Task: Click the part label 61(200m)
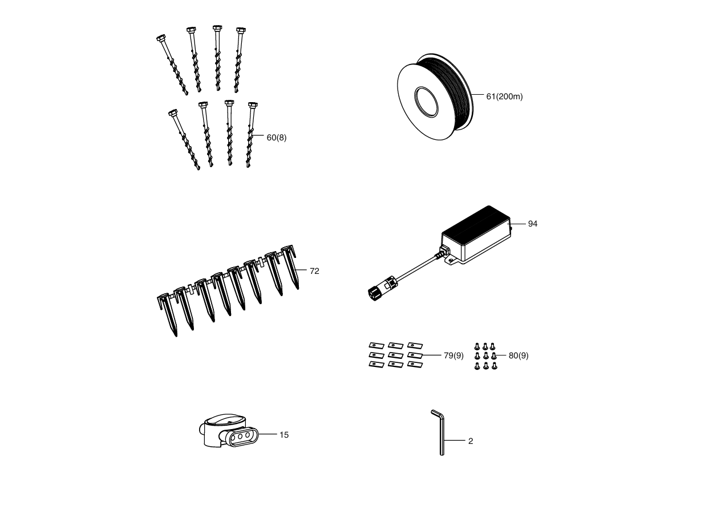504,96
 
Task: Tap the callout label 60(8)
276,138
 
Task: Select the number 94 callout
533,224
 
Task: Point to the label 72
314,271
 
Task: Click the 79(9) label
453,355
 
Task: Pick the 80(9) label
518,355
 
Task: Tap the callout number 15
284,435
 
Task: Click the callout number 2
471,441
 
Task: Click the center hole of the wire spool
426,102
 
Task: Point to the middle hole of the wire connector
240,436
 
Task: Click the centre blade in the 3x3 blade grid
396,355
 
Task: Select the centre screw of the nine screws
486,355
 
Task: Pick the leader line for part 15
268,434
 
